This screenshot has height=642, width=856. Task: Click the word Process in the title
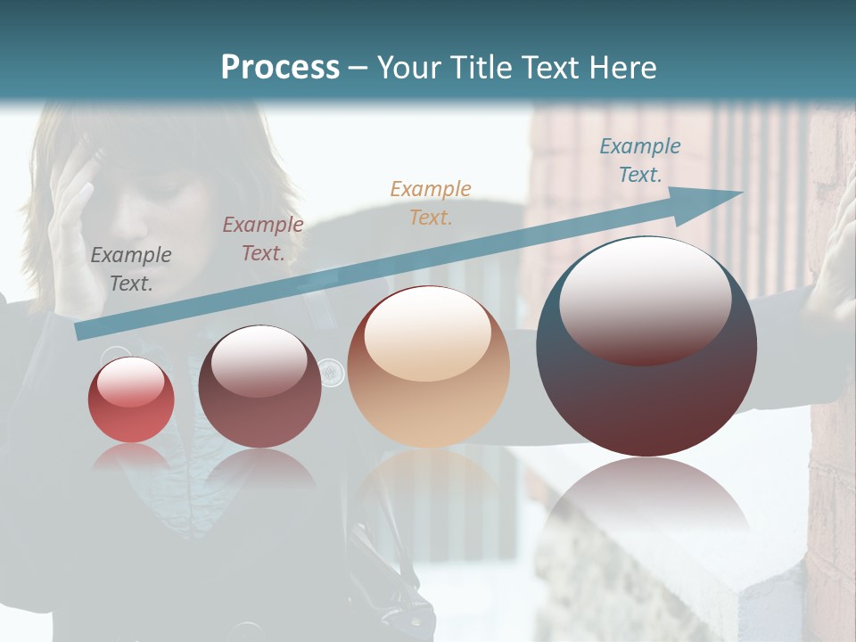click(280, 67)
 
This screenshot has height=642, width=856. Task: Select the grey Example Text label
click(131, 268)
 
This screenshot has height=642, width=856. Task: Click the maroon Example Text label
click(262, 238)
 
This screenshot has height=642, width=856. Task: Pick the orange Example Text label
click(430, 202)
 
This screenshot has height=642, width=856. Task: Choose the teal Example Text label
click(639, 160)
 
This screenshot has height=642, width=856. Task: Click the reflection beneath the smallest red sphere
click(131, 457)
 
